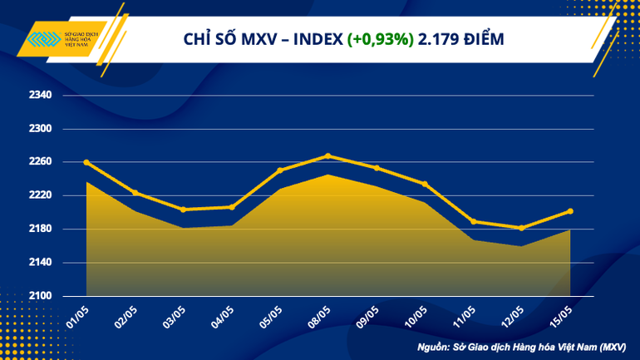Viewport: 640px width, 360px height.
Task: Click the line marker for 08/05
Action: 328,155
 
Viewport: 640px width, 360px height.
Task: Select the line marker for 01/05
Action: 86,162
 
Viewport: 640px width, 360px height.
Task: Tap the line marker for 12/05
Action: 521,228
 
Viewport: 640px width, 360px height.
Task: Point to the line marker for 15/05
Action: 569,211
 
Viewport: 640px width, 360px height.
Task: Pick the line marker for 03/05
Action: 183,210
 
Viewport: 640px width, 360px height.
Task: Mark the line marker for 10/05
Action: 425,184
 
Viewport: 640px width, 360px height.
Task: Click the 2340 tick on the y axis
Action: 41,96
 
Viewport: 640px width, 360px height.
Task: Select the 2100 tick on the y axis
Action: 41,296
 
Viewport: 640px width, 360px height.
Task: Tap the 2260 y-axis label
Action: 41,162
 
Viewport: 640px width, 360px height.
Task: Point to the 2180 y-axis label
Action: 41,229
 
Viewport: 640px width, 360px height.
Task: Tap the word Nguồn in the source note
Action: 431,345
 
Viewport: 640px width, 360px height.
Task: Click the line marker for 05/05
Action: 280,170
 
